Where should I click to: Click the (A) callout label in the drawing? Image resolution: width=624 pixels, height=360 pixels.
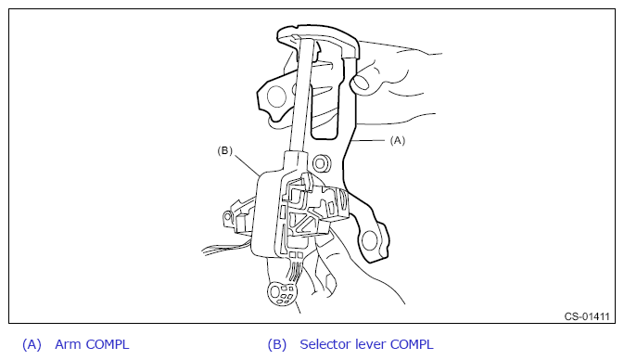(x=398, y=141)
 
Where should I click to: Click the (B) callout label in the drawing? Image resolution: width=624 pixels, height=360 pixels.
(x=225, y=150)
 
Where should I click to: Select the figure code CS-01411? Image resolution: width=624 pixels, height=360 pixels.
(x=587, y=316)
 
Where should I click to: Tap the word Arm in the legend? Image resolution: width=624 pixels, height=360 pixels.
(x=68, y=344)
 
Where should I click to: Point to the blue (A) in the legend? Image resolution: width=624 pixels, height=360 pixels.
(x=32, y=344)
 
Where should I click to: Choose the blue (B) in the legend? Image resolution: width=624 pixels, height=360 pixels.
(x=277, y=344)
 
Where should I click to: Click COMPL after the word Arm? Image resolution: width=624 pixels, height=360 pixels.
(x=108, y=344)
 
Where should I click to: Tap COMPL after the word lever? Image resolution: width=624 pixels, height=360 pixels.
(x=412, y=344)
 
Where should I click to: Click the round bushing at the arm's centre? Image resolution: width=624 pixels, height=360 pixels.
(x=321, y=163)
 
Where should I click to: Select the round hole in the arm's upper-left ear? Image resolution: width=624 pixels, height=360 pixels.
(x=276, y=96)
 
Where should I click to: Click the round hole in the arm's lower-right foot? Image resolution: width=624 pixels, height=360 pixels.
(x=369, y=240)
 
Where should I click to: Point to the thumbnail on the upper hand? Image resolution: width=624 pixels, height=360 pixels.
(x=361, y=82)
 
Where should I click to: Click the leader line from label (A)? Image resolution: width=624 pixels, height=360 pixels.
(x=369, y=141)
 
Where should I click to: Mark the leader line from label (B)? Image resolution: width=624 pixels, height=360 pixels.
(x=248, y=165)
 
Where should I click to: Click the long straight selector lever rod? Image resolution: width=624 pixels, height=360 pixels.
(x=301, y=94)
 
